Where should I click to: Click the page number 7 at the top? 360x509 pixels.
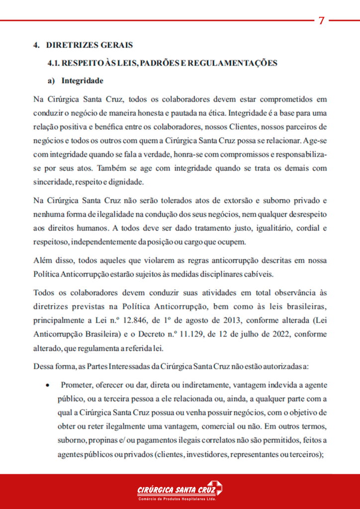321,20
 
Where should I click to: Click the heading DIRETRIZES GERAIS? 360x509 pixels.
90,45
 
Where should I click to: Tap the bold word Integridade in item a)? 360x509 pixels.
83,81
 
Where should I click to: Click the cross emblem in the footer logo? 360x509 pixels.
215,488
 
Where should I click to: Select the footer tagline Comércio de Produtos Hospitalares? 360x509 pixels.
177,499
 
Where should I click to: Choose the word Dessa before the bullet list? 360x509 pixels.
44,367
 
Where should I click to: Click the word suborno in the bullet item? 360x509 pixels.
72,440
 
